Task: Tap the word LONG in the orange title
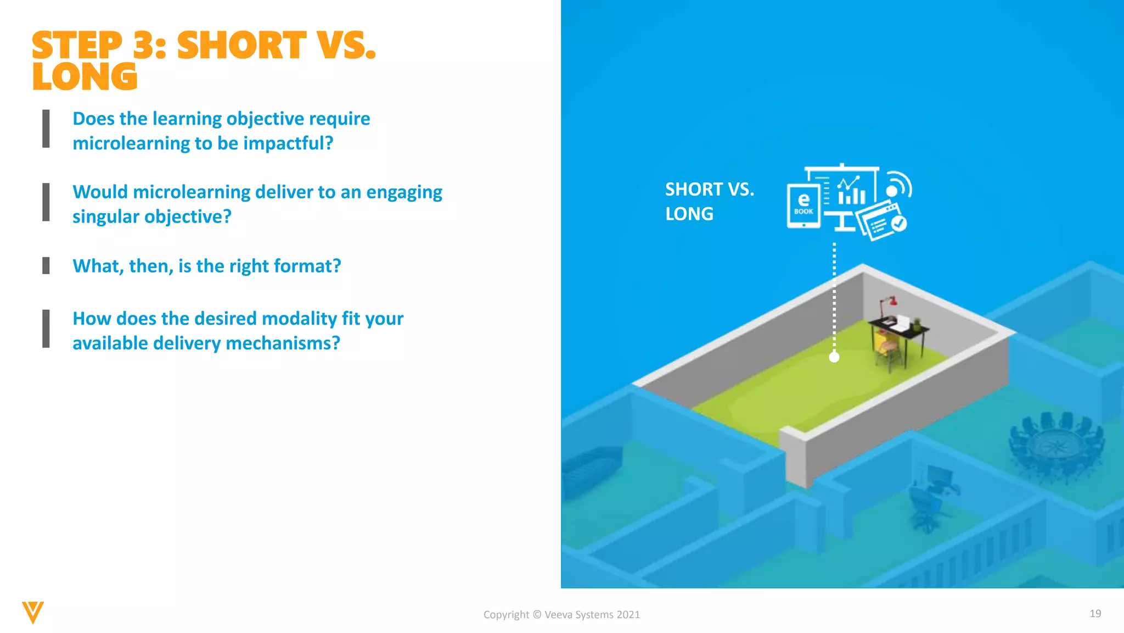[x=85, y=77]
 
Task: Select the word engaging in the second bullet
[x=404, y=192]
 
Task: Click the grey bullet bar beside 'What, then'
[x=46, y=266]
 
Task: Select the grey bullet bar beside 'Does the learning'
[x=46, y=129]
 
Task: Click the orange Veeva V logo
[x=32, y=612]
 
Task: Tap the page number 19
[x=1095, y=614]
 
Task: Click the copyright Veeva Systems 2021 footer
[x=561, y=615]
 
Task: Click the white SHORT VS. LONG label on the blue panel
[x=709, y=202]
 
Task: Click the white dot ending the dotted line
[x=834, y=358]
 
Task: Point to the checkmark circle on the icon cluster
[x=899, y=223]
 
